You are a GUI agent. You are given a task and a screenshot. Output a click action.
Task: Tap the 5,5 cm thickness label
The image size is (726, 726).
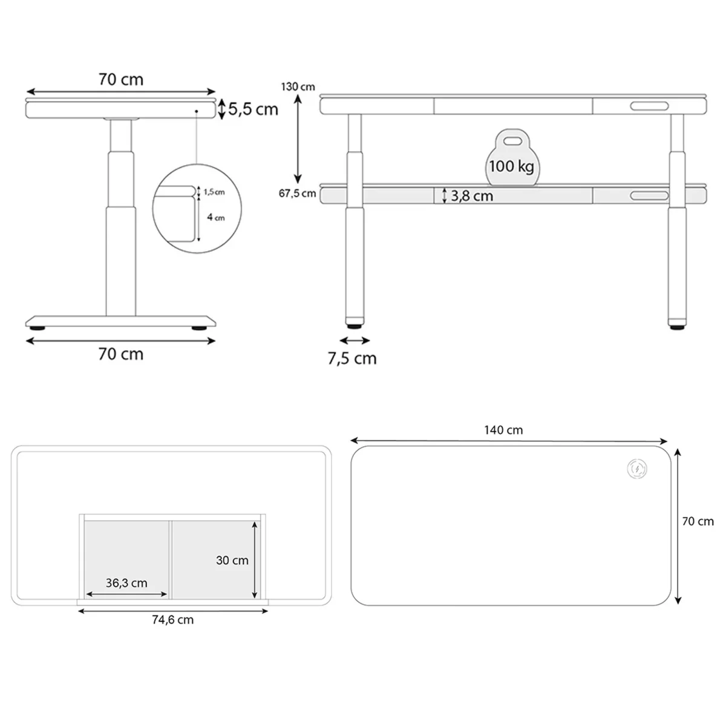click(x=253, y=110)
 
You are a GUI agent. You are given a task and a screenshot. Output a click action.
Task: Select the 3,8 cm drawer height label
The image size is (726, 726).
click(x=472, y=196)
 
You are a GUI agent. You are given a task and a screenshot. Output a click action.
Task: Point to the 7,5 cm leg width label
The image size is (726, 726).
click(x=352, y=358)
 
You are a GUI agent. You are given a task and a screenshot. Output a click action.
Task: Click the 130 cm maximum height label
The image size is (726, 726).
click(x=298, y=87)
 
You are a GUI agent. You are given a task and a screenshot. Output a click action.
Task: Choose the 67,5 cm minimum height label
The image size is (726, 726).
click(x=297, y=193)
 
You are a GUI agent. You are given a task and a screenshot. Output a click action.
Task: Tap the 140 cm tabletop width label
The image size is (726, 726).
click(x=503, y=430)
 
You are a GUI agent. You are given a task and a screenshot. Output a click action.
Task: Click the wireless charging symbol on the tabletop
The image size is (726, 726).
click(x=636, y=469)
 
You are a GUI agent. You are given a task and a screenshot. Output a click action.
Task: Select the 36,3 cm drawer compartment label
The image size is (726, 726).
click(x=126, y=583)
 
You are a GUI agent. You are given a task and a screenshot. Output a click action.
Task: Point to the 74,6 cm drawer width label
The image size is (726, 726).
click(x=172, y=620)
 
